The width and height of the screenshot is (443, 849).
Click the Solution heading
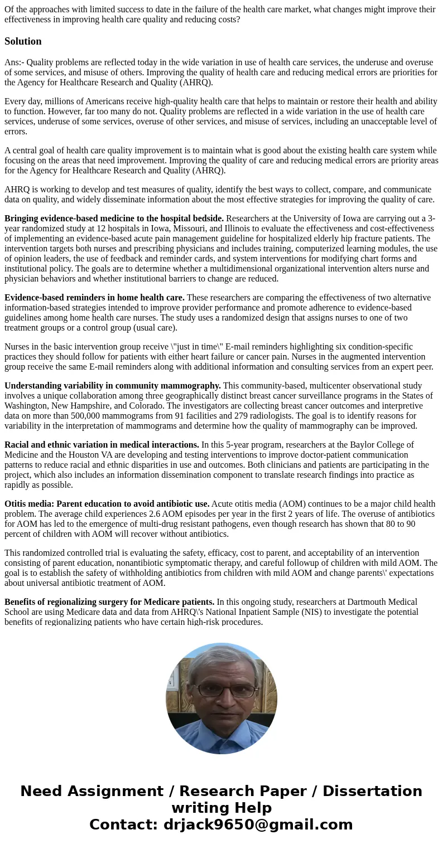(23, 41)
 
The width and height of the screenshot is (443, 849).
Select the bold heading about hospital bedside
(114, 219)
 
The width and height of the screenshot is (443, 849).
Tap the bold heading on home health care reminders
(94, 298)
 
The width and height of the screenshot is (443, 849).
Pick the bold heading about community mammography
(113, 386)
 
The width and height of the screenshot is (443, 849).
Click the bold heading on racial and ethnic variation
(102, 445)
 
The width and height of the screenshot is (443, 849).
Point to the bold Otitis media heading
(107, 504)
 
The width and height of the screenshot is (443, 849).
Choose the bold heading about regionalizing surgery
(109, 602)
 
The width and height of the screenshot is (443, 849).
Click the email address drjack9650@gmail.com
(258, 824)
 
